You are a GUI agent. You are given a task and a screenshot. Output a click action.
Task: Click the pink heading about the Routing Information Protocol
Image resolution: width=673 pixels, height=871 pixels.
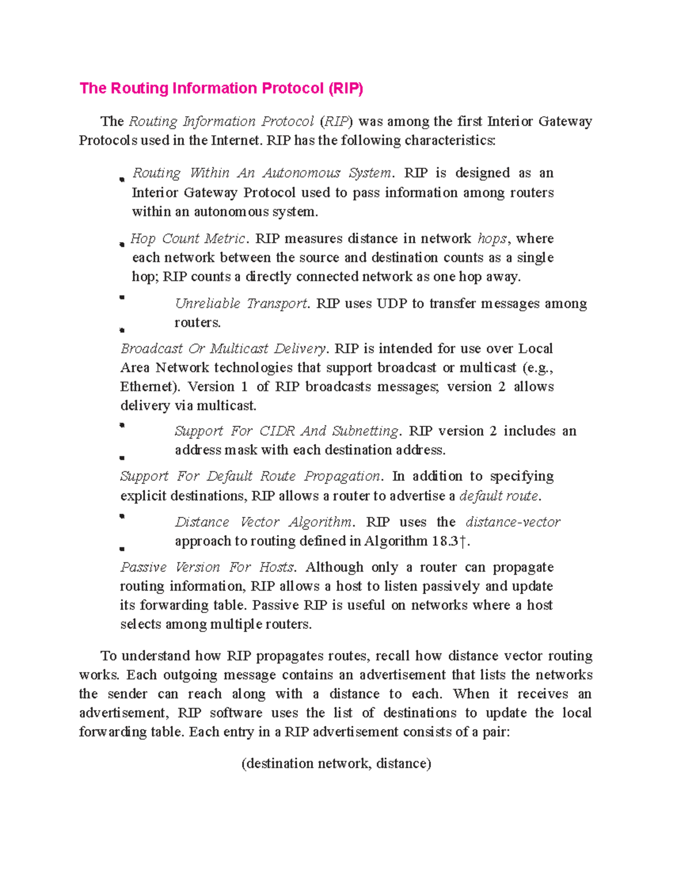[221, 89]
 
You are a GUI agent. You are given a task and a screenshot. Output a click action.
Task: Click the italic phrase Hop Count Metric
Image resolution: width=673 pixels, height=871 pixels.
[188, 239]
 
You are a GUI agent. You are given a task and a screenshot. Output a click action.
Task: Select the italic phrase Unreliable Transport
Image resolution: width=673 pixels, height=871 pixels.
[241, 304]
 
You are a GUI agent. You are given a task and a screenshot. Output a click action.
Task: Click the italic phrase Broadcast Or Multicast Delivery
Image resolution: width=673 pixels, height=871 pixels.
[223, 349]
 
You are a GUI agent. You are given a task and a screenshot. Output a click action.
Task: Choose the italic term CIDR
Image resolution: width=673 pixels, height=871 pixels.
[276, 431]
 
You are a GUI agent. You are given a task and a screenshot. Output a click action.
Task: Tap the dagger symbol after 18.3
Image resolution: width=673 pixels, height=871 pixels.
[462, 541]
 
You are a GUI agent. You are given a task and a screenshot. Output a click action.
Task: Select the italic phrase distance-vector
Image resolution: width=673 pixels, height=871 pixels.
[513, 522]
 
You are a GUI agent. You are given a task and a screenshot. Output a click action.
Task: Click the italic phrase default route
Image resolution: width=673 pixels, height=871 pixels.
[499, 496]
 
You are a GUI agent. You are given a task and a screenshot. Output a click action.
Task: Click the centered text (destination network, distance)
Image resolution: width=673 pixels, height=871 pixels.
[336, 764]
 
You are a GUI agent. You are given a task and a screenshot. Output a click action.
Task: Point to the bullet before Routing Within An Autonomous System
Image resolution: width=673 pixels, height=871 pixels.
[122, 180]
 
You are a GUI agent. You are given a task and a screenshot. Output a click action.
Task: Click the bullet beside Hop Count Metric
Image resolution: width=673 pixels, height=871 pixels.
[122, 245]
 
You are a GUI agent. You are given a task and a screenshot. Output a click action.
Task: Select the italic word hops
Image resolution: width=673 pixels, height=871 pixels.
[492, 239]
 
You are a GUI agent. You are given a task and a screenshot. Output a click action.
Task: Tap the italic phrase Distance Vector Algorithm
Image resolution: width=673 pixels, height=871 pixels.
[264, 522]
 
